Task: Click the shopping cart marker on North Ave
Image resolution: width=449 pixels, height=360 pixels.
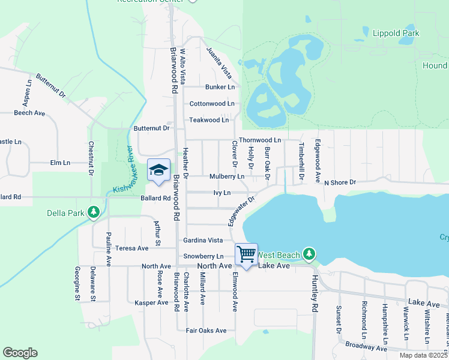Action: [246, 254]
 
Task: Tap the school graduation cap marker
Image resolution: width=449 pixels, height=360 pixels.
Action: [158, 170]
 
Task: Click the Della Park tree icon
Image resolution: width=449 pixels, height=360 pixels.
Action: [93, 212]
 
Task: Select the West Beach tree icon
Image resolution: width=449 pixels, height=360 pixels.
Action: [309, 254]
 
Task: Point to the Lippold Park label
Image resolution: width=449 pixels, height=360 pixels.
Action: [396, 34]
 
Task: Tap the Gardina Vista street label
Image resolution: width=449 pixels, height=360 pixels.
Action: [203, 240]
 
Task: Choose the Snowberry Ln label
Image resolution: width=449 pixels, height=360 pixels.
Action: [203, 256]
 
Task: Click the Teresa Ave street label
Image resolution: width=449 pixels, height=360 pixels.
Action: [132, 248]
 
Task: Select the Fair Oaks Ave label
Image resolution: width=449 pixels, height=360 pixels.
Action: [206, 331]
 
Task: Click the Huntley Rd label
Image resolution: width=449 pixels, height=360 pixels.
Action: [314, 294]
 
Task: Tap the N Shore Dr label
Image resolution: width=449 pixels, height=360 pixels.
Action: [340, 182]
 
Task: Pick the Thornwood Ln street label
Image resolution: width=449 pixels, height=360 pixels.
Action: [260, 140]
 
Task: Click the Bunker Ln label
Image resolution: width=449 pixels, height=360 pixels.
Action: [220, 87]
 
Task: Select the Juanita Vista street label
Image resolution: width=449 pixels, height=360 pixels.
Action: [218, 62]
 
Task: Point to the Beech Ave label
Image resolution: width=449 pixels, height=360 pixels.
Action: [29, 113]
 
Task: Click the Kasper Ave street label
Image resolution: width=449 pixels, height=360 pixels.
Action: [151, 302]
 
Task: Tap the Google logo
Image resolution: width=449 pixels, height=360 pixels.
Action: [20, 353]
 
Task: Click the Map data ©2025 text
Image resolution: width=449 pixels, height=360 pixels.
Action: [423, 355]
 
